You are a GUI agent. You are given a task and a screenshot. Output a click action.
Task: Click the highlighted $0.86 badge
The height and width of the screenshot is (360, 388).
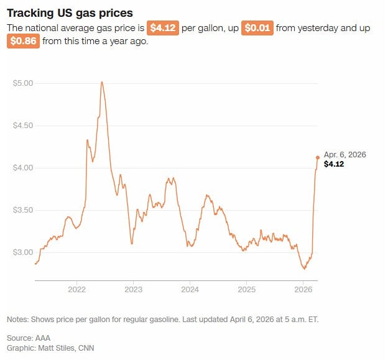pos(24,42)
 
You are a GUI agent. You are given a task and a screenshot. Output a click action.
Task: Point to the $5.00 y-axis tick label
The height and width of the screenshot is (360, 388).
pos(23,83)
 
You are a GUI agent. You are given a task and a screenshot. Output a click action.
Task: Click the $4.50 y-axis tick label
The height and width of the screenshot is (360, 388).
pos(23,126)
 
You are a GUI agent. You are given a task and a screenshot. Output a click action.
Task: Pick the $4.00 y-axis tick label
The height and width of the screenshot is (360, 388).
pos(23,168)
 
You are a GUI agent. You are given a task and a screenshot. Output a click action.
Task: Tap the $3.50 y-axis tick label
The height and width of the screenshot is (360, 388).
pos(23,210)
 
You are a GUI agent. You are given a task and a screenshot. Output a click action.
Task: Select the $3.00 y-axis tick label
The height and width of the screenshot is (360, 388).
pos(23,252)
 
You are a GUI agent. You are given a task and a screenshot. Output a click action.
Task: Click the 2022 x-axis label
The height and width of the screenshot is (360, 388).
pos(76,290)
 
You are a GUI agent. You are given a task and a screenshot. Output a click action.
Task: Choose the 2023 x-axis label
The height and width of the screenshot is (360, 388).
pos(133,290)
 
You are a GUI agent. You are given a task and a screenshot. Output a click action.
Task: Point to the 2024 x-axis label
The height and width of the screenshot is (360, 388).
pos(190,290)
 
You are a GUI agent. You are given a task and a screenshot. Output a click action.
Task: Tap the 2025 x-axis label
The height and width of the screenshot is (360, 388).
pos(246,290)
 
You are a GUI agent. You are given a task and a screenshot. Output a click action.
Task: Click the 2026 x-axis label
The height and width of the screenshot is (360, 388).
pos(303,290)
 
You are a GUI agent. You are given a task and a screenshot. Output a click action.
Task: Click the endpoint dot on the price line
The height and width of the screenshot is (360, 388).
pos(318,157)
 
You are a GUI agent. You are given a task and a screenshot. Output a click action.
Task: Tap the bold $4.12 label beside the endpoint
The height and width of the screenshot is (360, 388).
pos(334,164)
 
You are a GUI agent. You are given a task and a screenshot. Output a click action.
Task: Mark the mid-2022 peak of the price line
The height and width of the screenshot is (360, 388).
pos(101,82)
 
